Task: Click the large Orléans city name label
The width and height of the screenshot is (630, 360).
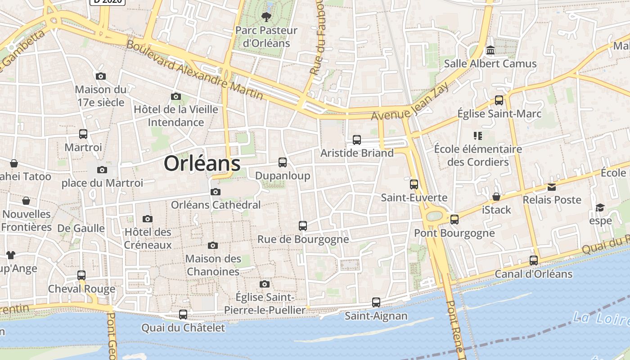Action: [202, 163]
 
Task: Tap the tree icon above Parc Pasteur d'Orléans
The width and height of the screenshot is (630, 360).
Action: [266, 18]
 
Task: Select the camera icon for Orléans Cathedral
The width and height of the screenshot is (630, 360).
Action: [216, 192]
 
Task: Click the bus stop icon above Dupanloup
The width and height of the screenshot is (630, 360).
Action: [283, 162]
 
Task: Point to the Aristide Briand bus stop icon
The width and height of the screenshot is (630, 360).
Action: [357, 140]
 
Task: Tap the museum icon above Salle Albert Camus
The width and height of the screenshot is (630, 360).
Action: [490, 50]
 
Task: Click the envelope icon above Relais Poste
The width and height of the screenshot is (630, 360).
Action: [552, 187]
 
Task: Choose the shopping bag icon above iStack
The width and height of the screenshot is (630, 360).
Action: [496, 197]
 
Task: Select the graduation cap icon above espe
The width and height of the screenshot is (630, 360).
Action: [600, 207]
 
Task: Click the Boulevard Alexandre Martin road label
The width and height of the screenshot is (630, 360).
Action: [194, 70]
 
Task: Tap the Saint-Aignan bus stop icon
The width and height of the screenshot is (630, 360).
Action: [376, 302]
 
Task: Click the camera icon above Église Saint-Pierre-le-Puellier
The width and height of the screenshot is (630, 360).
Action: [265, 284]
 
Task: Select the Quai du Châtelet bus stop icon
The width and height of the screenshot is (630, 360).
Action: [183, 315]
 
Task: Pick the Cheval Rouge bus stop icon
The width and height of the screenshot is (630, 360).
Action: [81, 275]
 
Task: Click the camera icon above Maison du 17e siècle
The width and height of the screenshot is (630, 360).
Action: [101, 76]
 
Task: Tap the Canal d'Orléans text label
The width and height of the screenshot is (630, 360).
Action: [533, 274]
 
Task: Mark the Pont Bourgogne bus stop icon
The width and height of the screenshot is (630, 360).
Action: [454, 220]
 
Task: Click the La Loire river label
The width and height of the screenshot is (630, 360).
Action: [601, 318]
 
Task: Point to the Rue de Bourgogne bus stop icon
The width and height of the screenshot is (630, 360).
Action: [303, 226]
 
